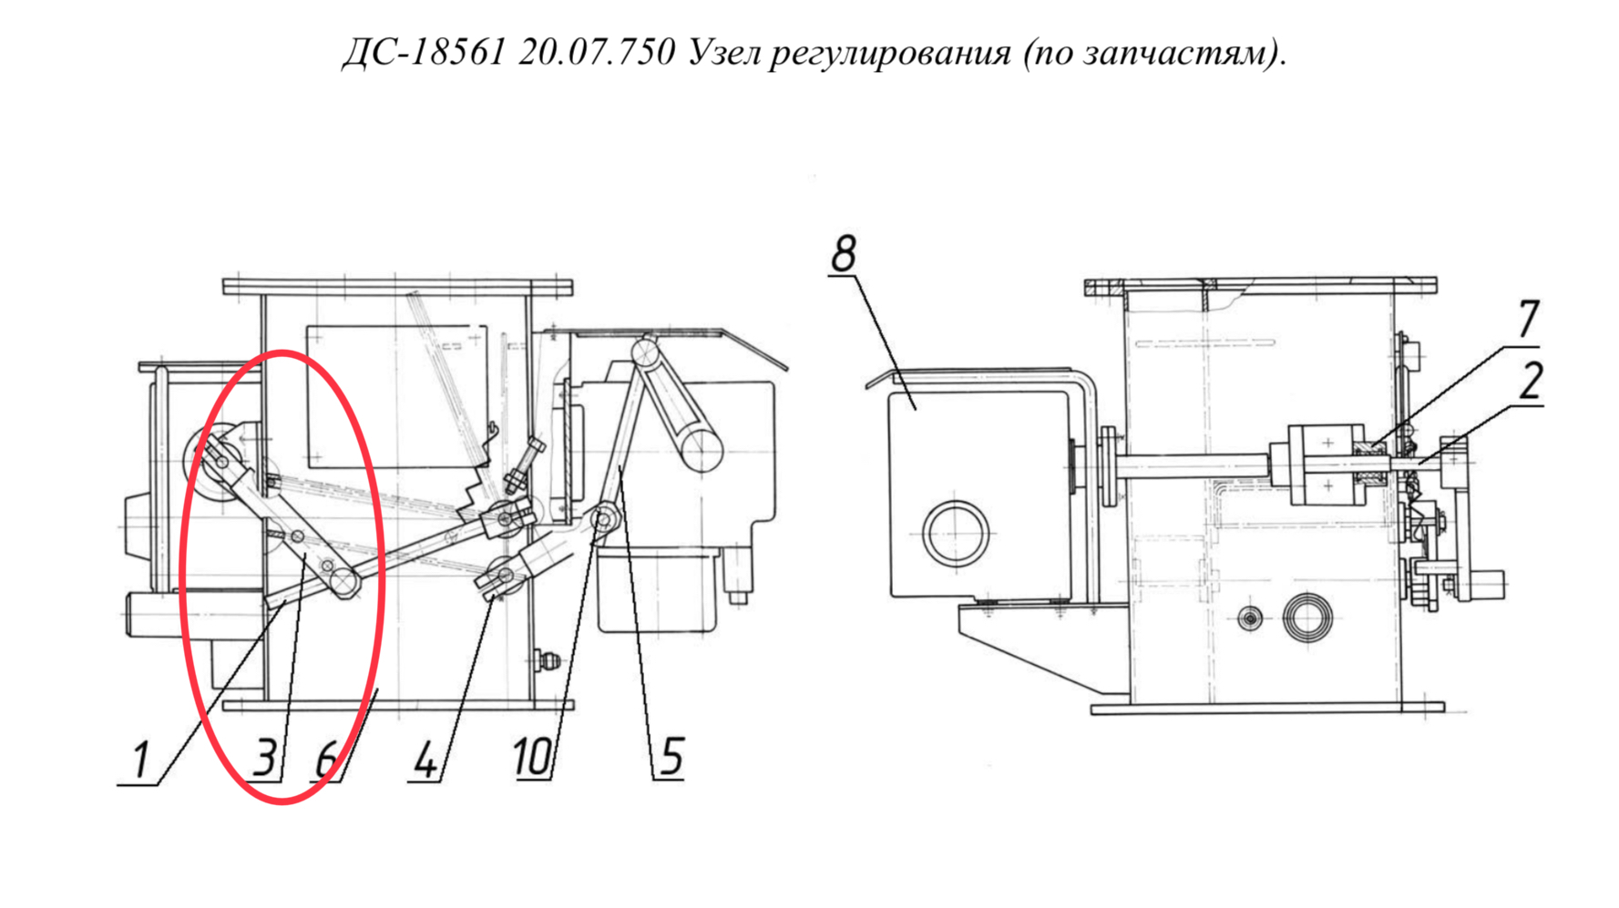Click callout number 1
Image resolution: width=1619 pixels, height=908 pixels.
tap(140, 760)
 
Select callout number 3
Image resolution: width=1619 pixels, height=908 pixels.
tap(265, 757)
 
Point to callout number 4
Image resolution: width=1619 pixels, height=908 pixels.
tap(425, 760)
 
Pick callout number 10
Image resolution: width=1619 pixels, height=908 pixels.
tap(532, 757)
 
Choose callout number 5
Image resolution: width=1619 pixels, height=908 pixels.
tap(671, 757)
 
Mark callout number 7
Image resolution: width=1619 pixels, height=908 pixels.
tap(1528, 319)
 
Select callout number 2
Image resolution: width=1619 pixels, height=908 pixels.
tap(1530, 381)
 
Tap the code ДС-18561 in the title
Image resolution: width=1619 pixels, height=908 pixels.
tap(423, 52)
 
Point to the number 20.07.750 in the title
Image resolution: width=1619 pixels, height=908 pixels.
tap(597, 52)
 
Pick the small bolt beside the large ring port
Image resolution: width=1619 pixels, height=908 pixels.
tap(1251, 619)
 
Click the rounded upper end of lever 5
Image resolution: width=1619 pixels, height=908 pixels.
tap(646, 350)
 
